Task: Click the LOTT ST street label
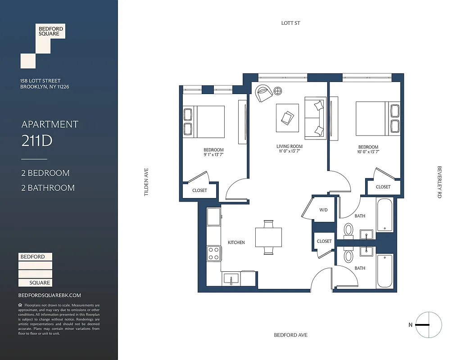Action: click(x=290, y=23)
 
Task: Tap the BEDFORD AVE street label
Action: click(x=290, y=335)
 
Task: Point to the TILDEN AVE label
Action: click(x=146, y=182)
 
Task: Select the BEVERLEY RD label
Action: click(x=439, y=182)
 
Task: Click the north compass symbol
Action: click(x=429, y=325)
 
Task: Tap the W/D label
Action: click(x=323, y=210)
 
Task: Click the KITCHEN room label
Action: click(x=236, y=243)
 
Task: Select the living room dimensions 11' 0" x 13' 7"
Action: click(x=289, y=152)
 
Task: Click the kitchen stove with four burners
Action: click(x=213, y=253)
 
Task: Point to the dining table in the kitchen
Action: click(x=268, y=237)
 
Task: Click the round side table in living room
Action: click(x=278, y=91)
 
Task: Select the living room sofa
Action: click(x=315, y=117)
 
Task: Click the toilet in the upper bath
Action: click(x=348, y=230)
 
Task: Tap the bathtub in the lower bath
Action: click(x=385, y=271)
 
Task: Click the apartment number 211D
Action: click(x=37, y=141)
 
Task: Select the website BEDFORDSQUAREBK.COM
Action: click(x=50, y=295)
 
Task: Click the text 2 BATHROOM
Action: click(x=48, y=188)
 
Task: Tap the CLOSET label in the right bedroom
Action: click(x=383, y=187)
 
